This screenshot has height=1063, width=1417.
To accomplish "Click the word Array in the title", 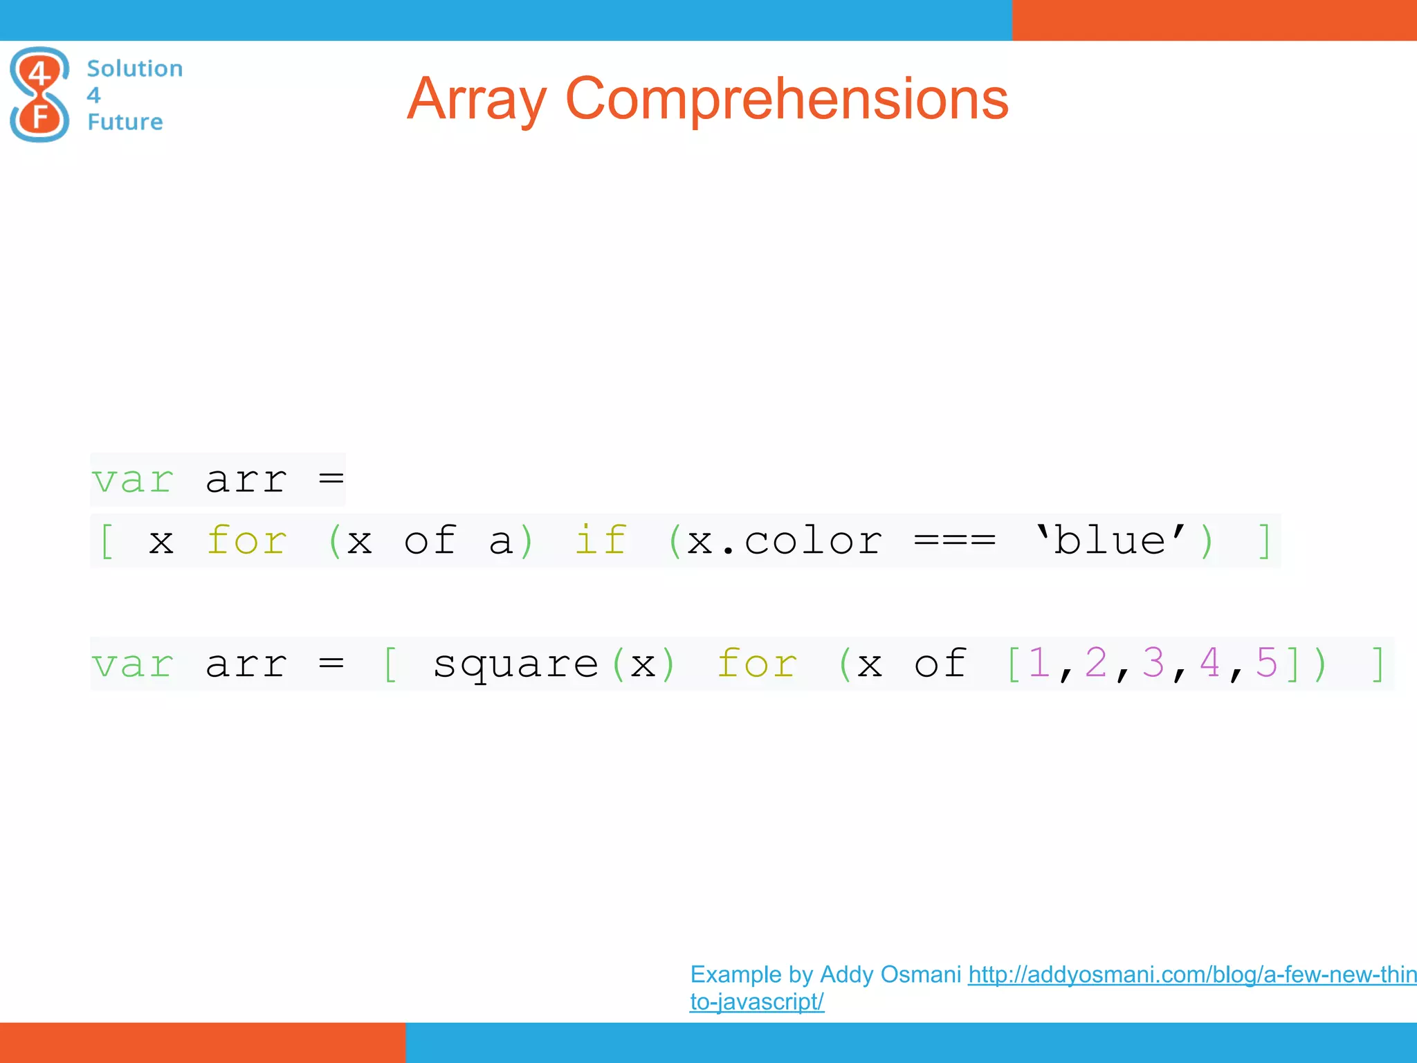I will click(476, 100).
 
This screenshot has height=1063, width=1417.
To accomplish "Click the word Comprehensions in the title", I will click(787, 100).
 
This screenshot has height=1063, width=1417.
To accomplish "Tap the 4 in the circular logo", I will click(40, 72).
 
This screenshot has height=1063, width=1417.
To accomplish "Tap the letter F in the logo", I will click(40, 117).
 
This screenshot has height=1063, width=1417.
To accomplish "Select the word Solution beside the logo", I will click(135, 69).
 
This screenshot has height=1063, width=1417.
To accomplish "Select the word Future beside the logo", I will click(125, 122).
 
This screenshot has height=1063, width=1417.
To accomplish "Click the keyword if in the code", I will click(600, 540).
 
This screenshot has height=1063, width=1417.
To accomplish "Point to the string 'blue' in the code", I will click(1110, 540).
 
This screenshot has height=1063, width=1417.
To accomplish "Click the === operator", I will click(954, 540).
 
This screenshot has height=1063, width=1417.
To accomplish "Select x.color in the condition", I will click(785, 540).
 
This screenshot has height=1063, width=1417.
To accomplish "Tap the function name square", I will click(515, 664).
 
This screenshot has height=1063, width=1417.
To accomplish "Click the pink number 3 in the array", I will click(1153, 663).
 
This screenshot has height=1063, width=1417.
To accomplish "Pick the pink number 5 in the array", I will click(1266, 663).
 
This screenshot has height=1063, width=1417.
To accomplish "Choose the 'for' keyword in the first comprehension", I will click(246, 540).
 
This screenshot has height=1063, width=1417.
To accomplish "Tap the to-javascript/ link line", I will click(756, 1001).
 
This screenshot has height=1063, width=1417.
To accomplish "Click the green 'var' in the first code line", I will click(132, 480).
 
